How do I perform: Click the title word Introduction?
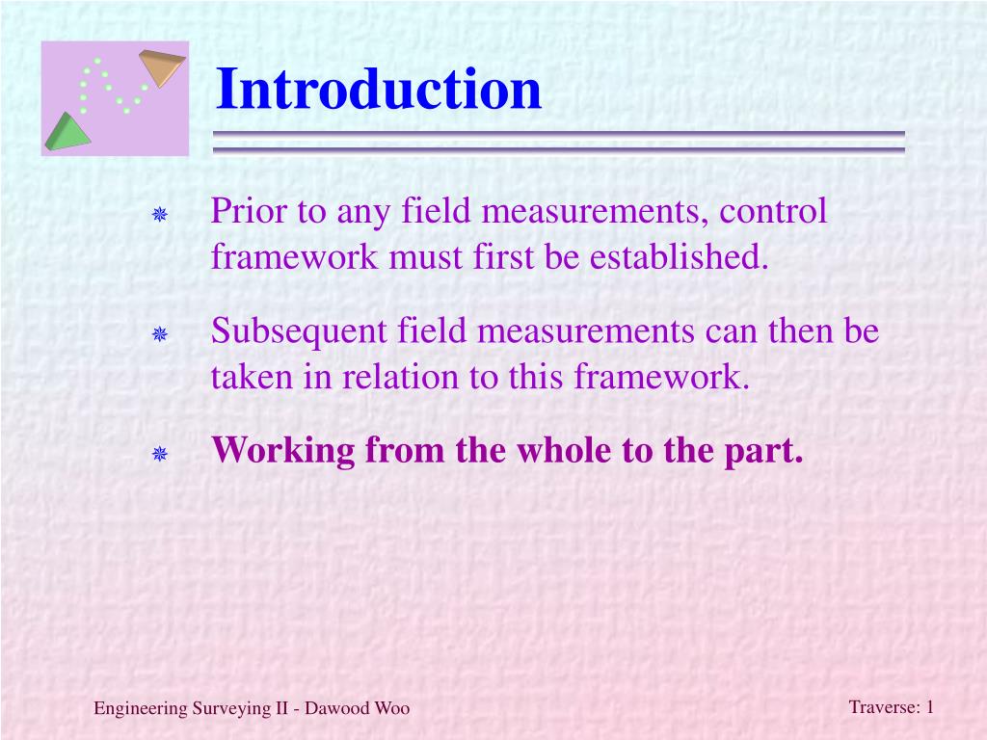[x=378, y=89]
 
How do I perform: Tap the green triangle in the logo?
[x=67, y=133]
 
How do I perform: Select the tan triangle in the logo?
[x=162, y=66]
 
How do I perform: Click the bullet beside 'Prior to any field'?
[x=160, y=215]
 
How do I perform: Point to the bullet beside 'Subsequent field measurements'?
[x=160, y=333]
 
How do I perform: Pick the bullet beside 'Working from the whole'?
[x=160, y=453]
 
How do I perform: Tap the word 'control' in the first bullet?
[x=773, y=210]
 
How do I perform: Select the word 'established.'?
[x=680, y=256]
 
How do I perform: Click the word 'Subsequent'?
[x=299, y=332]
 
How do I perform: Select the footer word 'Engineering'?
[x=140, y=709]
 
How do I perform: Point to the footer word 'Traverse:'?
[x=885, y=706]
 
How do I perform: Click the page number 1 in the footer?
[x=930, y=706]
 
